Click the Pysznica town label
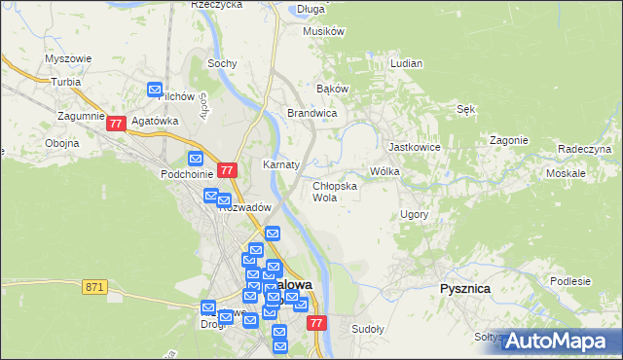coord(464,289)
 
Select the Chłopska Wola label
coord(334,191)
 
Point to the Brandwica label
coord(311,113)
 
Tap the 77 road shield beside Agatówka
coord(116,124)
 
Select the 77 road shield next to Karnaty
coord(227,169)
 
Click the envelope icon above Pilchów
coord(155,90)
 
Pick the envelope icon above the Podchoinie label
coord(195,159)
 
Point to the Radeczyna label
coord(584,149)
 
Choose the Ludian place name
coord(405,63)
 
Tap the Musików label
coord(324,31)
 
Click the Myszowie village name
coord(68,58)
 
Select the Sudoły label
coord(368,329)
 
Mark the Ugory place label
coord(414,213)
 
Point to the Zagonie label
coord(508,139)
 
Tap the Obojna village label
coord(61,143)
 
